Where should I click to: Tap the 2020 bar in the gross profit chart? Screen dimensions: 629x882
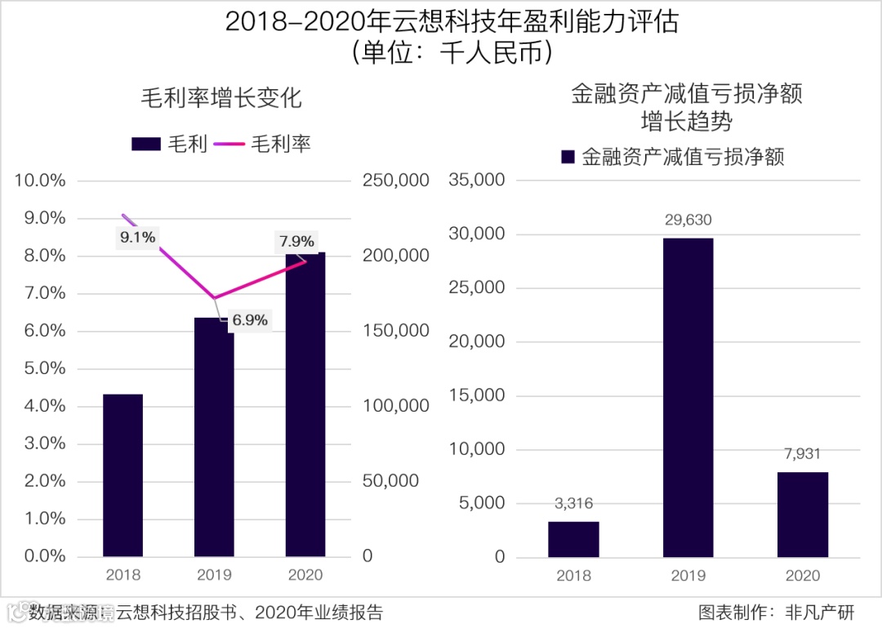305,408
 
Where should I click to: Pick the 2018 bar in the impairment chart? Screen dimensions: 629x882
573,539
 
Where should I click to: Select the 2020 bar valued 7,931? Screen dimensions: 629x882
802,515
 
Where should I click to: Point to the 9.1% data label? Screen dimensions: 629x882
137,238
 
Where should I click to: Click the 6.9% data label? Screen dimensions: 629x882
249,320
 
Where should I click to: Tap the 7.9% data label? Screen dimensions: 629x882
296,242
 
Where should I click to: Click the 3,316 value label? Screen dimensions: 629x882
573,504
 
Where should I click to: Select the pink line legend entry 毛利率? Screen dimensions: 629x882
264,144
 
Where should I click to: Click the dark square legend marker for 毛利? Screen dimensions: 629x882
145,144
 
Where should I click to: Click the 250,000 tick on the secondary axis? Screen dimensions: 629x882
395,181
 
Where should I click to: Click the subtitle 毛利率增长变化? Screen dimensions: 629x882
220,98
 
